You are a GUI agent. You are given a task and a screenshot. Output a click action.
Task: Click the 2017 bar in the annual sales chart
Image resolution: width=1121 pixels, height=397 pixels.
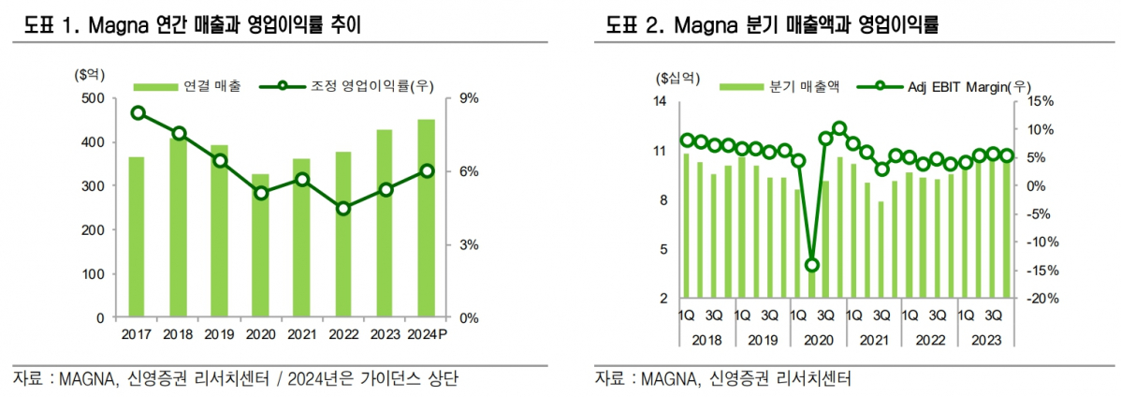[137, 237]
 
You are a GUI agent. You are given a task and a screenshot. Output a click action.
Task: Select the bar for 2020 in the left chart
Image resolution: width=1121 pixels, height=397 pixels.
[260, 246]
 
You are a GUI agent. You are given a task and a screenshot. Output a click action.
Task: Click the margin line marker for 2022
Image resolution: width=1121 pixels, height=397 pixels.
[343, 209]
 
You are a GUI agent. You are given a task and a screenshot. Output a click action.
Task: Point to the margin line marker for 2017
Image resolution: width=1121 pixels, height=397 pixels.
[138, 113]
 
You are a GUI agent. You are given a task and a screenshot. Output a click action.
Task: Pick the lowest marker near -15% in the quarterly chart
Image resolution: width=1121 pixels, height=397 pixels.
[812, 265]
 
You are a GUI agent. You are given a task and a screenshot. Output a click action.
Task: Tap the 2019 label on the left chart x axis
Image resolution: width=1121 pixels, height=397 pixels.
[219, 333]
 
